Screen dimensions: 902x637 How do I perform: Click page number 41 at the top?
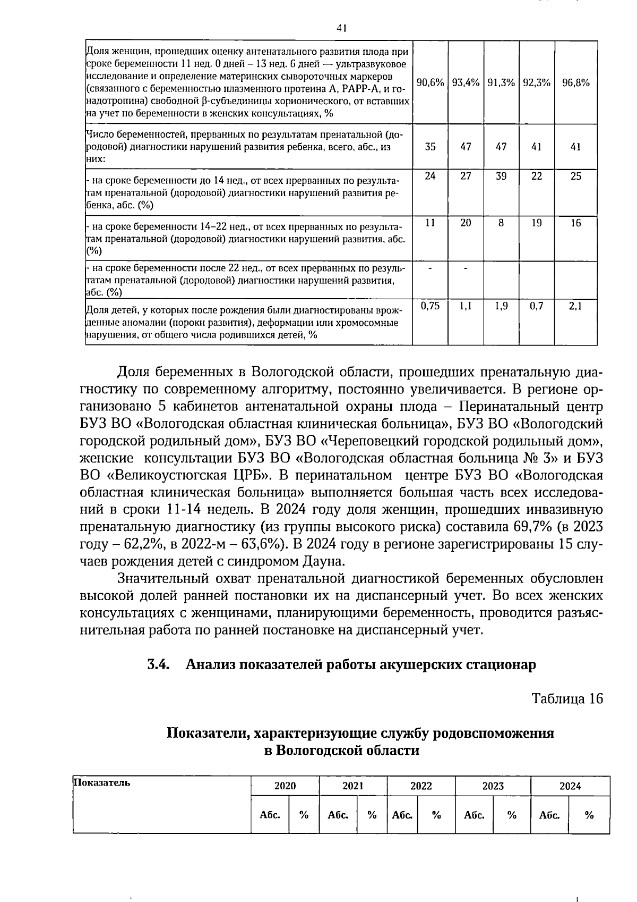(x=341, y=29)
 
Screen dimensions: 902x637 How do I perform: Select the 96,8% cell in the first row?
(x=576, y=82)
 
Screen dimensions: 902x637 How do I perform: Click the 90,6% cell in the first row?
(x=430, y=82)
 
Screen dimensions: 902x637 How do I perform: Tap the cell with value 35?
(x=430, y=147)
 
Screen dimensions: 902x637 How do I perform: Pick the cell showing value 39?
(x=501, y=176)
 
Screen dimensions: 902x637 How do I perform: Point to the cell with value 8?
(x=501, y=223)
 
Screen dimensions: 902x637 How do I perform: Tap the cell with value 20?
(x=466, y=223)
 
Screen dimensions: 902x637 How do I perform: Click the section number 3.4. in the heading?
(x=158, y=664)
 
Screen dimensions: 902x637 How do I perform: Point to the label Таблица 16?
(x=567, y=698)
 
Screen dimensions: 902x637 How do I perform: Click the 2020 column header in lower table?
(x=285, y=786)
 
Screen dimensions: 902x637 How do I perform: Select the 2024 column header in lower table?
(x=570, y=786)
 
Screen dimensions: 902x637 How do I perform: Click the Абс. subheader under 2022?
(x=402, y=815)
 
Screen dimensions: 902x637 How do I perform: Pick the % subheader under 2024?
(x=589, y=815)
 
